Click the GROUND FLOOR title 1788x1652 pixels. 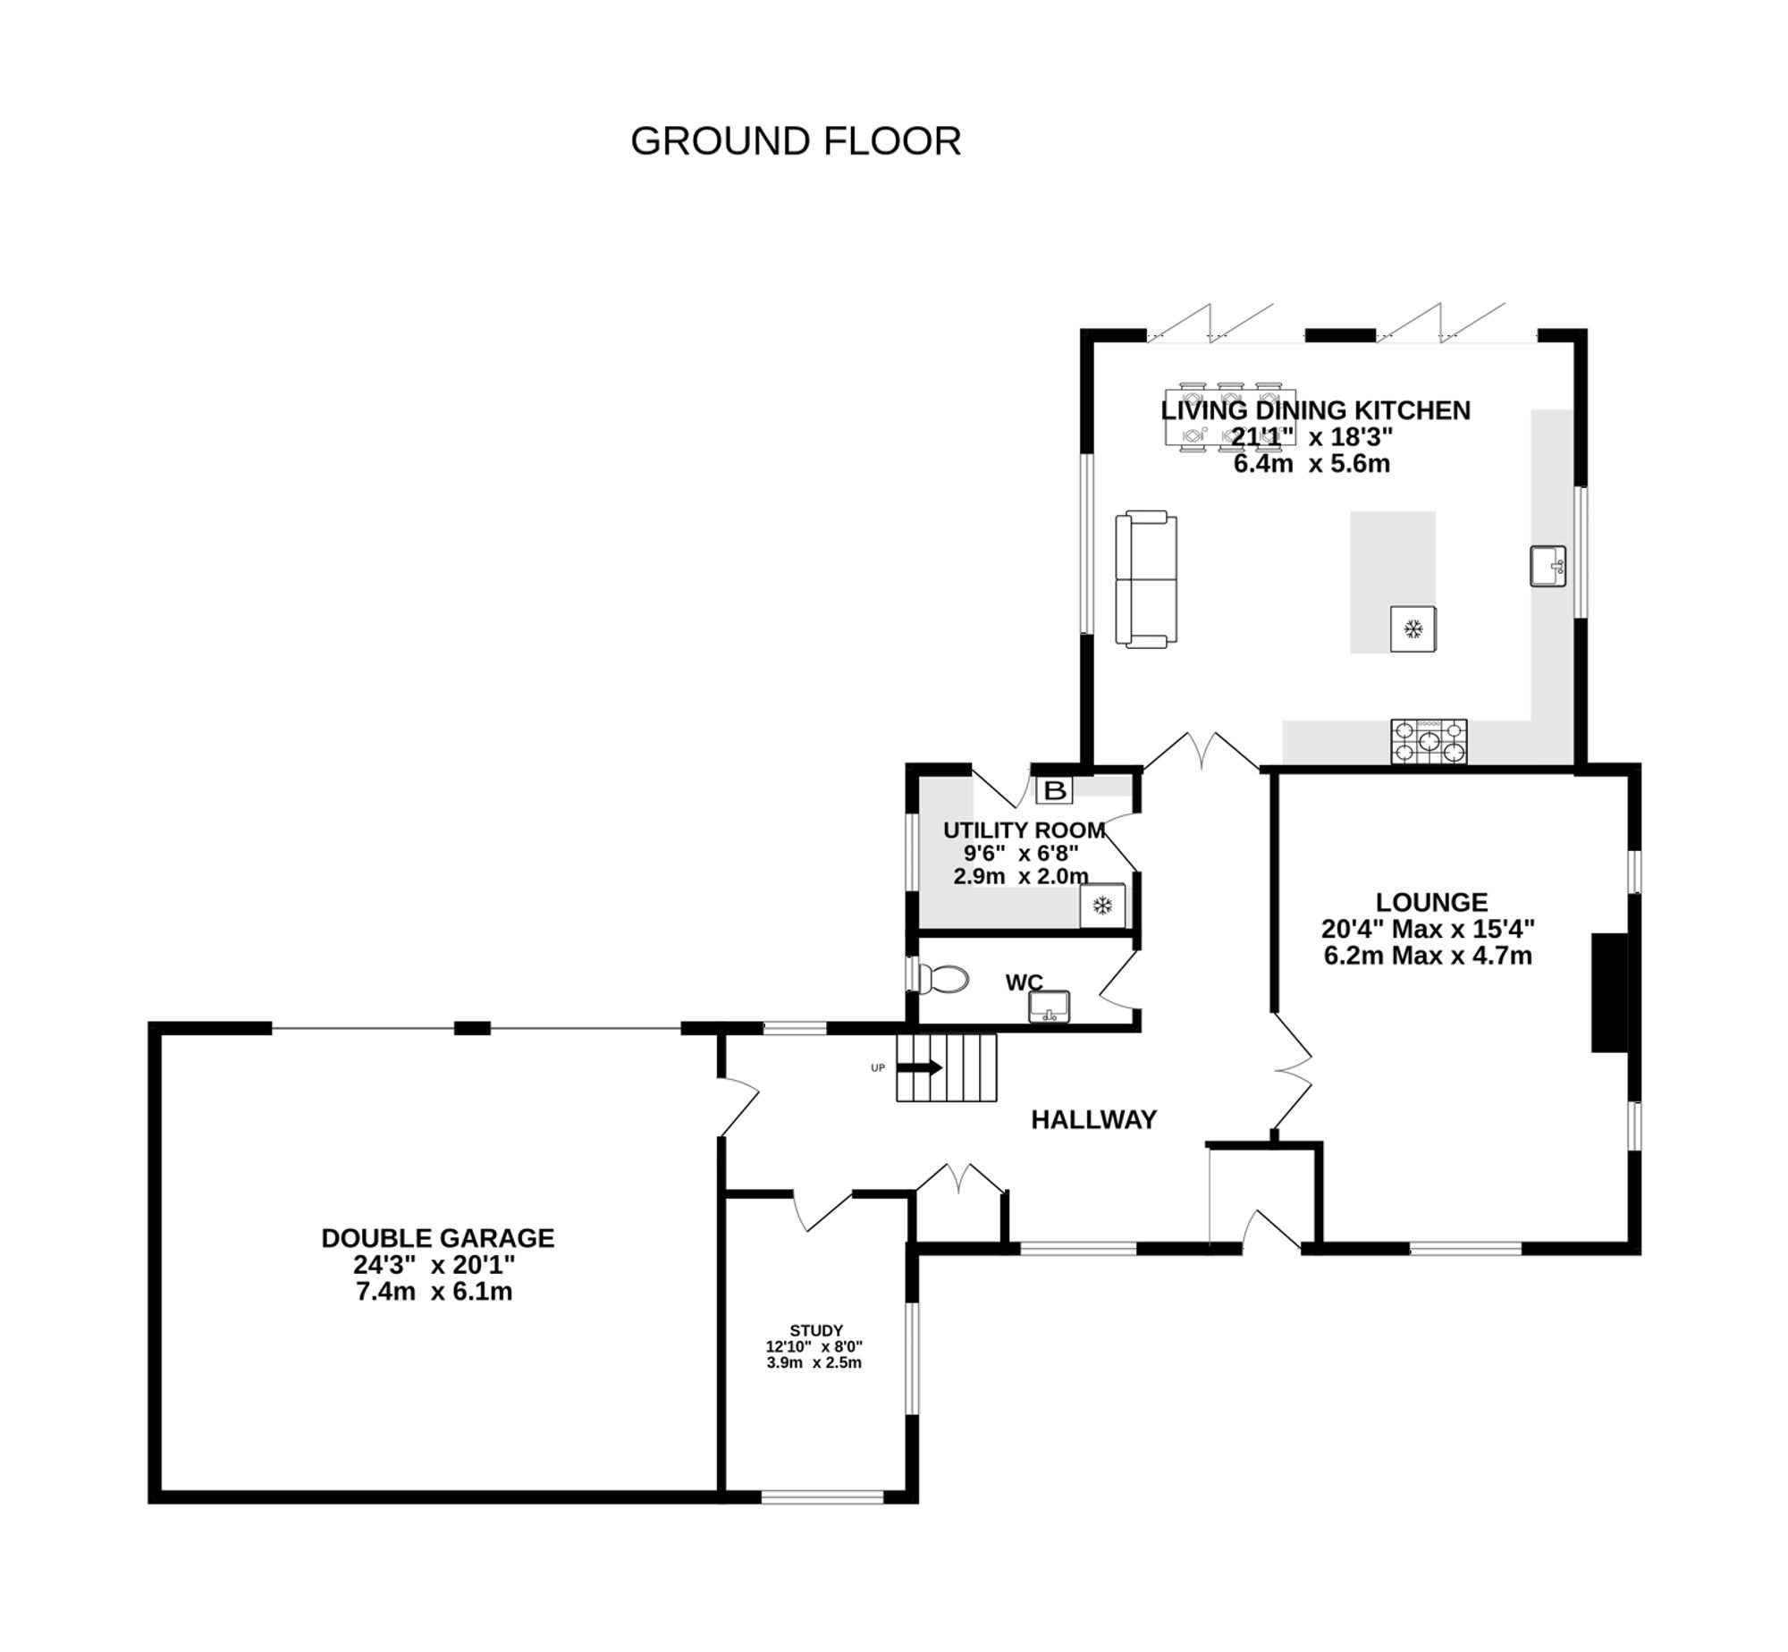click(x=795, y=141)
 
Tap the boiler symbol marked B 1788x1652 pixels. click(x=1055, y=790)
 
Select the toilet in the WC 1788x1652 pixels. click(x=944, y=980)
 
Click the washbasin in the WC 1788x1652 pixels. click(x=1049, y=1007)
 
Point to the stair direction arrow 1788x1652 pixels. click(x=919, y=1067)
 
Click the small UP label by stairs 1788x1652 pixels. click(x=878, y=1068)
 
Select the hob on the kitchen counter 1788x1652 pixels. click(x=1428, y=742)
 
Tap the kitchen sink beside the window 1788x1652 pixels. click(x=1547, y=566)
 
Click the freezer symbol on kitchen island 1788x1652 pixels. click(x=1413, y=629)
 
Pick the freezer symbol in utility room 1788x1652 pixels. click(x=1102, y=906)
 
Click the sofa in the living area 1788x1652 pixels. click(x=1145, y=578)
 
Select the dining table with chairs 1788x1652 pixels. click(x=1230, y=417)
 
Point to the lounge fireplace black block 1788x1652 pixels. click(x=1609, y=992)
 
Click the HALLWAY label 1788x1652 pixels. click(x=1093, y=1120)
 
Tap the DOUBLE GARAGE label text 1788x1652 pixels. click(x=437, y=1238)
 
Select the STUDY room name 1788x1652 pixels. click(x=815, y=1330)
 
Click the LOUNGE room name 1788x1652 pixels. click(x=1431, y=902)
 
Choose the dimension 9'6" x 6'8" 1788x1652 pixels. click(x=1020, y=853)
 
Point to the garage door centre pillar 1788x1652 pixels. click(x=472, y=1028)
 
